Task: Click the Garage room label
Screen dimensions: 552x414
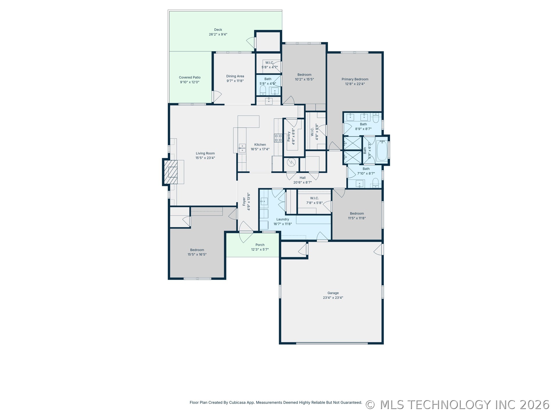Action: (x=333, y=293)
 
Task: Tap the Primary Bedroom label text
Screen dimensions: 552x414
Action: (x=355, y=79)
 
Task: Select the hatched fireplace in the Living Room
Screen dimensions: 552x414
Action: (x=171, y=172)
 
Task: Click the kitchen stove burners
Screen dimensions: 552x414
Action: (x=278, y=138)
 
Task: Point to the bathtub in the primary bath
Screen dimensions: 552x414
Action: (x=381, y=151)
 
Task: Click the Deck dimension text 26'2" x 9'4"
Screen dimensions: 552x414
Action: (x=218, y=34)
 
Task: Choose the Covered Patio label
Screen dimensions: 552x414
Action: (x=190, y=77)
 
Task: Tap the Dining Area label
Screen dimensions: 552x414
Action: (x=235, y=76)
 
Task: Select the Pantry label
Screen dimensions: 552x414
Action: (x=289, y=137)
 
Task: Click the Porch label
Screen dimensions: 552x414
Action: (x=260, y=245)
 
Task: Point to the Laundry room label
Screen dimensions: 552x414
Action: (x=282, y=219)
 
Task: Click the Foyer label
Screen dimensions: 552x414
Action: (x=244, y=201)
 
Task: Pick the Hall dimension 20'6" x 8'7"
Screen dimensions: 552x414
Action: (x=302, y=182)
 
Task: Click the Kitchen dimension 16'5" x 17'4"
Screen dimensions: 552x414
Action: (x=260, y=149)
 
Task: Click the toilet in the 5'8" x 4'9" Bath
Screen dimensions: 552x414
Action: (x=263, y=90)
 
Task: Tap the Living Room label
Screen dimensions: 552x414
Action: (x=205, y=153)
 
